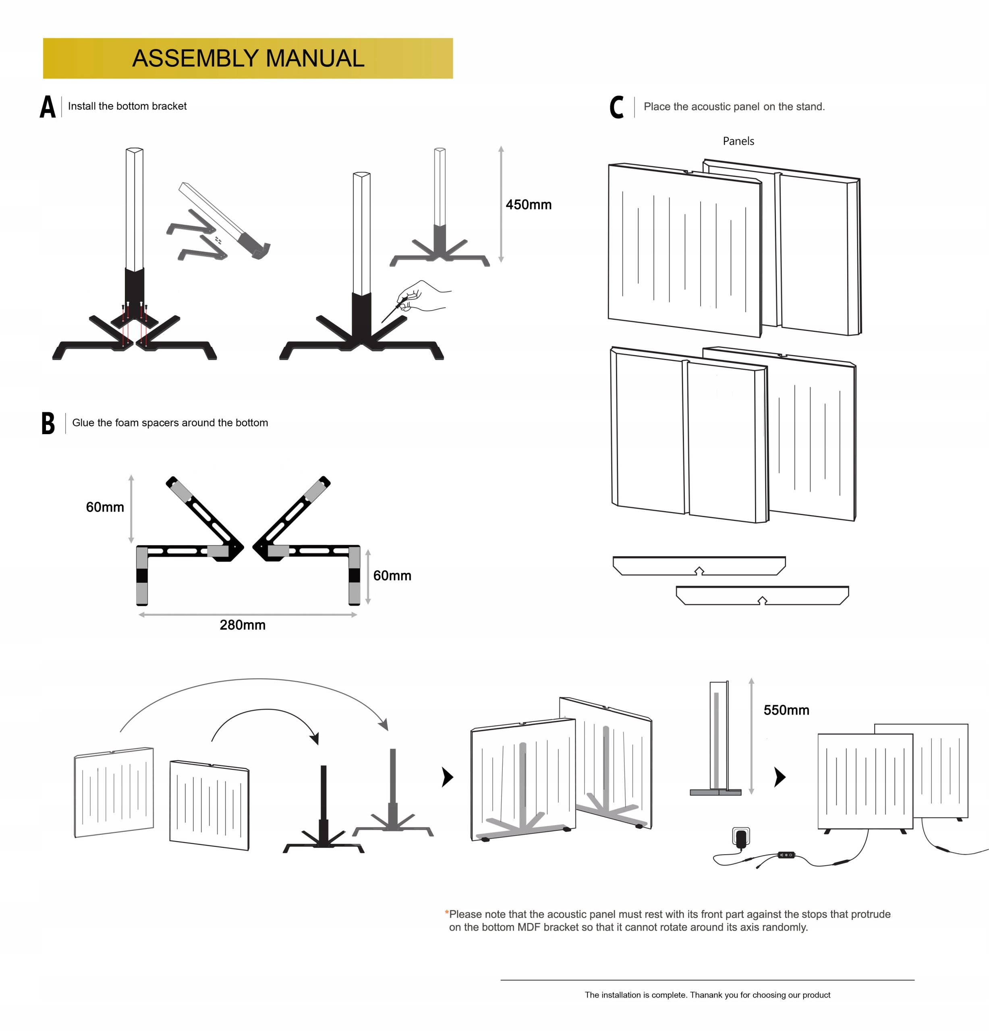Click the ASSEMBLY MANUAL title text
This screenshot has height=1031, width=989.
click(x=248, y=58)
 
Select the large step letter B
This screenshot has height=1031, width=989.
click(x=48, y=423)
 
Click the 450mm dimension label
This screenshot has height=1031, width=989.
click(x=528, y=205)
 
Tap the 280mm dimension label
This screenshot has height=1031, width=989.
click(x=243, y=625)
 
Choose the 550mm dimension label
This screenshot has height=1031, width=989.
click(x=786, y=710)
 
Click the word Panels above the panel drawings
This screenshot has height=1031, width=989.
click(x=738, y=141)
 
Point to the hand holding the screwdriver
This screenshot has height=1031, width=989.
click(x=418, y=297)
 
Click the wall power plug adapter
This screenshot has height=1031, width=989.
click(x=741, y=836)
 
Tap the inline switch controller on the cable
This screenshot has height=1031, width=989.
click(x=786, y=855)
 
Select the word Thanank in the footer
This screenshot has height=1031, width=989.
click(x=707, y=995)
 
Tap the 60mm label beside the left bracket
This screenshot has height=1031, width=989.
click(x=105, y=507)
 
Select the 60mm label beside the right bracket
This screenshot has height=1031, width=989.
click(x=392, y=576)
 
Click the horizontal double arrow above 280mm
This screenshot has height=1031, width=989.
click(x=248, y=615)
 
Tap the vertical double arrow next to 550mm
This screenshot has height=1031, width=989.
click(x=751, y=737)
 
